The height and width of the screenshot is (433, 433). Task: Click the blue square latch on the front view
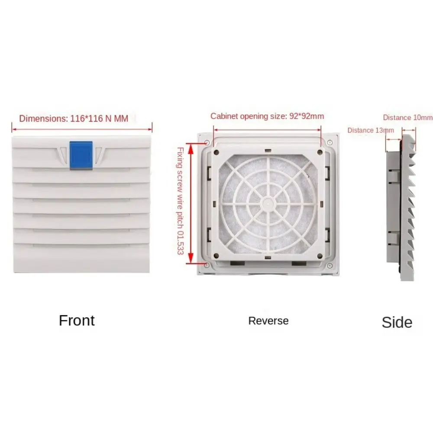[x=81, y=155]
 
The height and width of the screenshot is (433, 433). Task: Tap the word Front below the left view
[x=77, y=320]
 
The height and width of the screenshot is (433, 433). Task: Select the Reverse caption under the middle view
[x=268, y=321]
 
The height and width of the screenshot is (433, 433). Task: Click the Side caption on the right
[x=397, y=322]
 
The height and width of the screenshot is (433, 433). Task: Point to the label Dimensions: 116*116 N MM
[x=74, y=118]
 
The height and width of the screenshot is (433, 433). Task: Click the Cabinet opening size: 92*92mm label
[x=267, y=116]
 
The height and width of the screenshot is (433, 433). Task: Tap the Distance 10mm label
[x=407, y=117]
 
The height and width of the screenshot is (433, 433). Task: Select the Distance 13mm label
[x=371, y=130]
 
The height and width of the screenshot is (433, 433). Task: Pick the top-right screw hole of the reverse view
[x=330, y=142]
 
